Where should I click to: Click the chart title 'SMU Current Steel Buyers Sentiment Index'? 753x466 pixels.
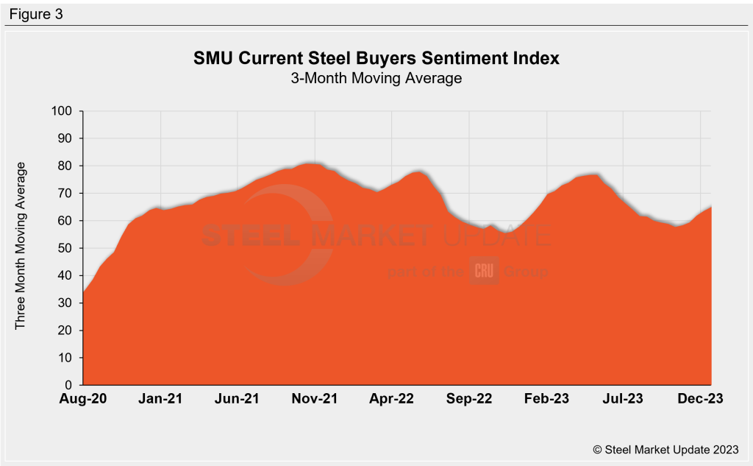[376, 58]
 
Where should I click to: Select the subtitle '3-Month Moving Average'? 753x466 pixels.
[376, 77]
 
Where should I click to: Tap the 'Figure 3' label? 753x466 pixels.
[36, 14]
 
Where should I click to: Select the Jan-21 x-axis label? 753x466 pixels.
[161, 398]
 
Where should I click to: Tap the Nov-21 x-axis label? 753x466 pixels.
[315, 398]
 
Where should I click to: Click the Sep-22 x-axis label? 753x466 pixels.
[470, 398]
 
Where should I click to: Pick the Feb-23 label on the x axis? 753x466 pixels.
[547, 398]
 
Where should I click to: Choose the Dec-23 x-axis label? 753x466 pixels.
[701, 398]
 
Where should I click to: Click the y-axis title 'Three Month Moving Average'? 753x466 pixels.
[21, 245]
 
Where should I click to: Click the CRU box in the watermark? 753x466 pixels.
[485, 270]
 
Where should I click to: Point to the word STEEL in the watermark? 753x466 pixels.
[250, 236]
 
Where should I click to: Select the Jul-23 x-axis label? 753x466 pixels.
[624, 398]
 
